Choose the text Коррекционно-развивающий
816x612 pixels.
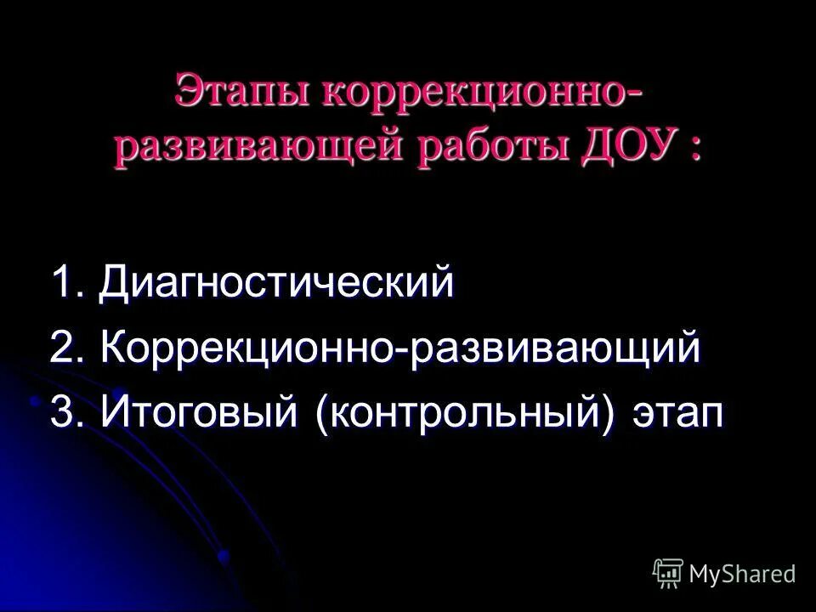(x=400, y=349)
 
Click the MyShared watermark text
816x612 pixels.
(x=742, y=574)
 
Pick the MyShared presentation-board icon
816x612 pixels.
(x=668, y=574)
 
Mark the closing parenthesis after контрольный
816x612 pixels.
(x=609, y=416)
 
